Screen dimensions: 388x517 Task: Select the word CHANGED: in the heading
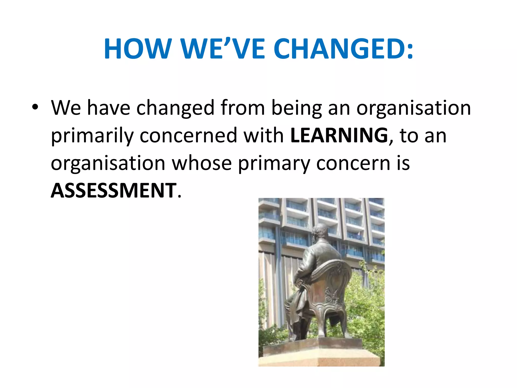point(344,49)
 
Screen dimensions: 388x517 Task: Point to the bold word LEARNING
point(339,135)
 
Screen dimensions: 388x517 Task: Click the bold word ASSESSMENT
point(114,191)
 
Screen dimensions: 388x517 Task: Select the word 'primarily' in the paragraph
point(92,136)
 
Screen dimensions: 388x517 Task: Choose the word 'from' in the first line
point(243,108)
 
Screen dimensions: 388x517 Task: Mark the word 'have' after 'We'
point(109,108)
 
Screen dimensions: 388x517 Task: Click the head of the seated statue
point(320,231)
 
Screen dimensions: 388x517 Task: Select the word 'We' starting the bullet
point(66,108)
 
